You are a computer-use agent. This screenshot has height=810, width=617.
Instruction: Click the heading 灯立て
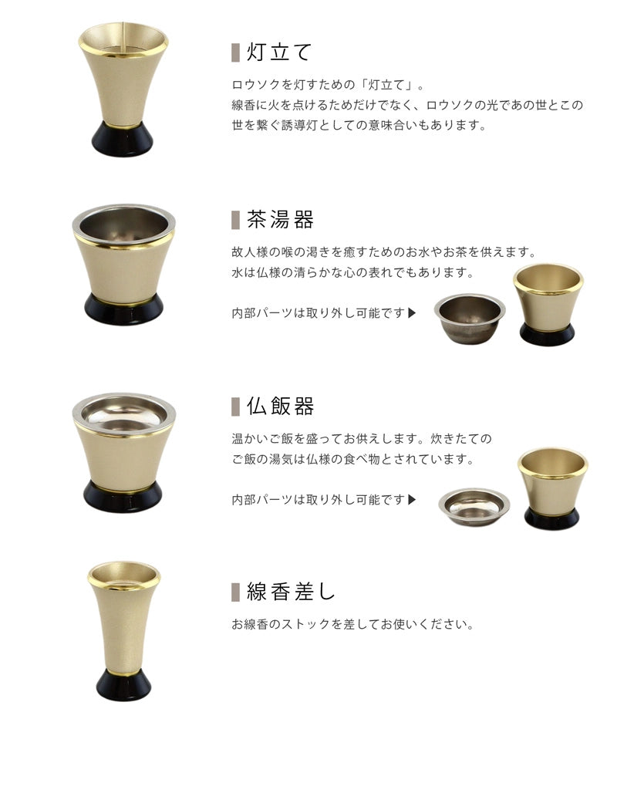pyautogui.click(x=279, y=52)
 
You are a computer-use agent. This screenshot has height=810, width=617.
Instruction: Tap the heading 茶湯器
pyautogui.click(x=280, y=220)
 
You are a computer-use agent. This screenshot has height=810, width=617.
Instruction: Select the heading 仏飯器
pyautogui.click(x=280, y=406)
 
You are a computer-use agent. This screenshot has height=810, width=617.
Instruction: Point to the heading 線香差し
pyautogui.click(x=291, y=592)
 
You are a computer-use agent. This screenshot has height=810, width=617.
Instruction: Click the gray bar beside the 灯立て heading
pyautogui.click(x=236, y=52)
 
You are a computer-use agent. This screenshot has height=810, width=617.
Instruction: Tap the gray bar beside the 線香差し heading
pyautogui.click(x=236, y=592)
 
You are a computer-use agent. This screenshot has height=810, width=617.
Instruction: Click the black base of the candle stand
pyautogui.click(x=123, y=140)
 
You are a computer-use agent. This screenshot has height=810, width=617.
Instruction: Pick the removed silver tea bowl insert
pyautogui.click(x=469, y=319)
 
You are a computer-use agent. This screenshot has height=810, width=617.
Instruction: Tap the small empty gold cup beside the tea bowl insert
pyautogui.click(x=548, y=304)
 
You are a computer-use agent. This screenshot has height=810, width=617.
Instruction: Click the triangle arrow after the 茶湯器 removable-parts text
pyautogui.click(x=412, y=313)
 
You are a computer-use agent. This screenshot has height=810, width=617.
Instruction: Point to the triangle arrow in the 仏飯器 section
pyautogui.click(x=412, y=499)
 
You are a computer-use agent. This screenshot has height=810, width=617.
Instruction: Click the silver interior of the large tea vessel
pyautogui.click(x=123, y=225)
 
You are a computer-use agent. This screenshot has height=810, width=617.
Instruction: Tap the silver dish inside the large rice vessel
pyautogui.click(x=123, y=415)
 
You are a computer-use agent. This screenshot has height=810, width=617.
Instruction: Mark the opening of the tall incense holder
pyautogui.click(x=123, y=574)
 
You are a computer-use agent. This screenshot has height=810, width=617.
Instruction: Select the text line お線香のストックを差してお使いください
pyautogui.click(x=352, y=623)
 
